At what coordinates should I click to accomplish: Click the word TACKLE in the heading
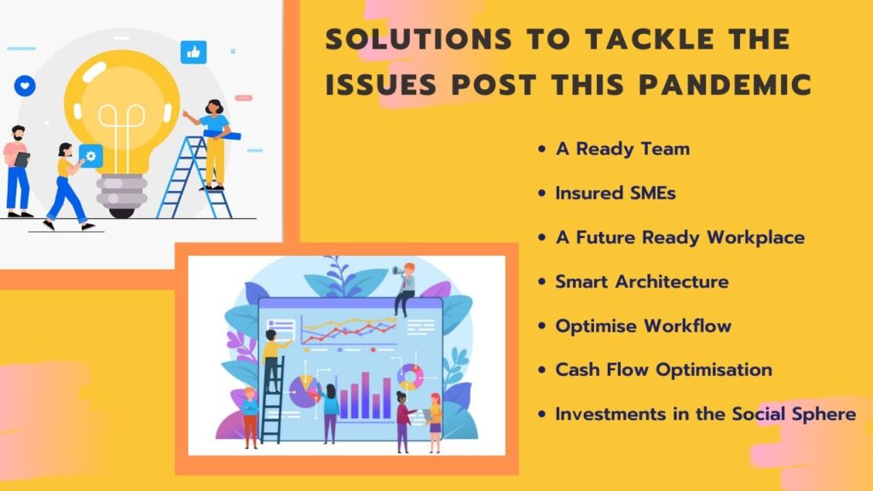(650, 39)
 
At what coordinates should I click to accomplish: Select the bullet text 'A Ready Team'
(622, 149)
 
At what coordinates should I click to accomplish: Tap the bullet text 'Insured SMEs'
(616, 194)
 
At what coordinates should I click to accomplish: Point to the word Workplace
(755, 238)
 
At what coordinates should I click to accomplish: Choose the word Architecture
(672, 281)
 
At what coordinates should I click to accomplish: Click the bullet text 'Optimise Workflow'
(643, 326)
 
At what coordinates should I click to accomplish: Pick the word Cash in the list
(577, 370)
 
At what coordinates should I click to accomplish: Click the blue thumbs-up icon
(194, 52)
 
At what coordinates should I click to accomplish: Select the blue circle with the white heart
(25, 86)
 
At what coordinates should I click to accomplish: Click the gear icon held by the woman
(90, 156)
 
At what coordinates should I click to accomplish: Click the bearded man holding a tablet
(17, 170)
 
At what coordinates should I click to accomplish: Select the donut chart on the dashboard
(410, 377)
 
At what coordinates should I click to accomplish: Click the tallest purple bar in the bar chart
(365, 396)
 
